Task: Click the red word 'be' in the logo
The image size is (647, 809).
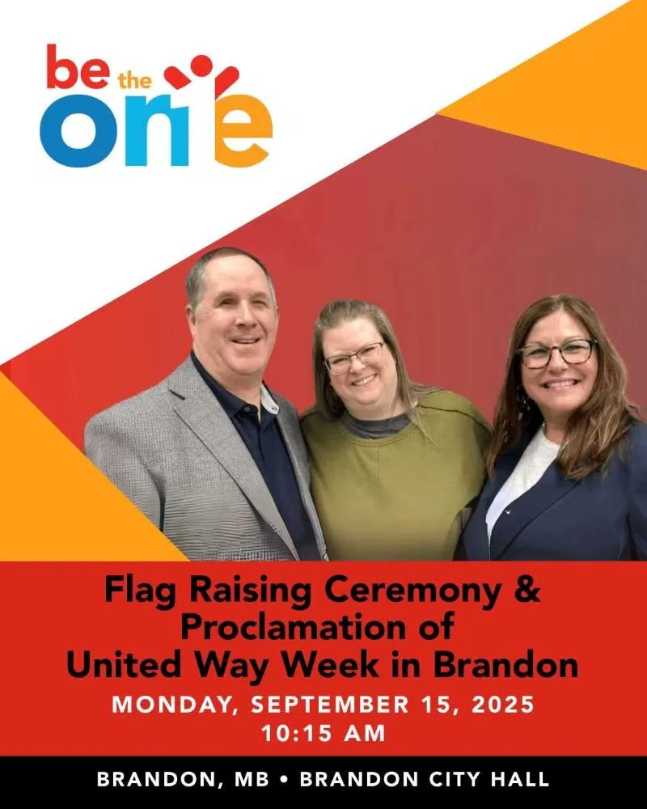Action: [78, 68]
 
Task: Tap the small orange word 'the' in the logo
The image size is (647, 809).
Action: [135, 82]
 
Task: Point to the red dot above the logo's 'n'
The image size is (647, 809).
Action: [201, 65]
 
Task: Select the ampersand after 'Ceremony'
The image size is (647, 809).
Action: [527, 590]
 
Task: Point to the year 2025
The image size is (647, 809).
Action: [502, 705]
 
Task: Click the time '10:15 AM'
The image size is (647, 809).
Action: [323, 733]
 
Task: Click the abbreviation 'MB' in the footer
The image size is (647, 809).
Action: [252, 779]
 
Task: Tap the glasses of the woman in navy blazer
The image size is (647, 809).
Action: [556, 354]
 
